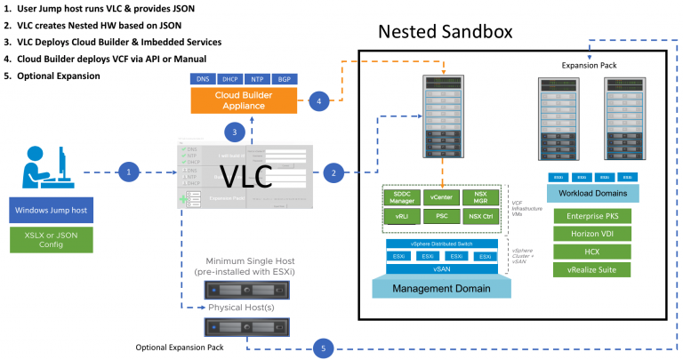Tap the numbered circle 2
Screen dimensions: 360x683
click(333, 172)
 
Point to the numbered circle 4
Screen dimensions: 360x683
click(320, 101)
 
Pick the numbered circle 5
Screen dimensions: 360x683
click(325, 348)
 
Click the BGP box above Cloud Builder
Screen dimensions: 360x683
click(285, 80)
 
